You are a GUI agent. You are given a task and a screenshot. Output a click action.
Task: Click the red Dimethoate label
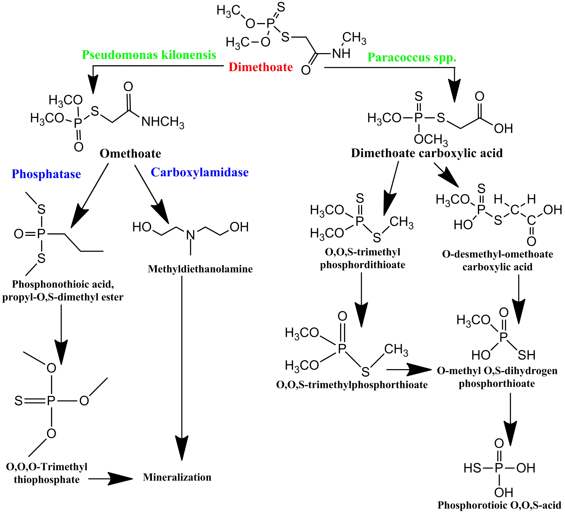[261, 67]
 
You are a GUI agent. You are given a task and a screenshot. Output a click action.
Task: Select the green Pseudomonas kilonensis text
[149, 55]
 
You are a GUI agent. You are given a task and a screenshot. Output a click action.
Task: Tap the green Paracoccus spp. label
[412, 57]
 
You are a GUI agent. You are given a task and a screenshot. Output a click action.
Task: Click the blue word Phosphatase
[46, 174]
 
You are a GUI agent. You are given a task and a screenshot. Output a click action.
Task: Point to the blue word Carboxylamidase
[200, 173]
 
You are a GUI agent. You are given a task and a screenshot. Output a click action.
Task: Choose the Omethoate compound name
[130, 154]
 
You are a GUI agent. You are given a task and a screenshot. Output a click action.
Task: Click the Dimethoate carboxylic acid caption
[427, 153]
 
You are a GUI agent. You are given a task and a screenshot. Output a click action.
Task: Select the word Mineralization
[177, 477]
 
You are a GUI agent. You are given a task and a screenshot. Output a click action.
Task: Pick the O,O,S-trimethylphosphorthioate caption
[352, 385]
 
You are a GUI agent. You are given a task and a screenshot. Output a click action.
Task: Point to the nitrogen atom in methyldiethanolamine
[191, 235]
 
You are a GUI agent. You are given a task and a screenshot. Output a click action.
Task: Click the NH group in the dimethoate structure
[341, 53]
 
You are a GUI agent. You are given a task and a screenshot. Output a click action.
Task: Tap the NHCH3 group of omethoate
[163, 122]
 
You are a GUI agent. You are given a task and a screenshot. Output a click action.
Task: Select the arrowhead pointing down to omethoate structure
[93, 84]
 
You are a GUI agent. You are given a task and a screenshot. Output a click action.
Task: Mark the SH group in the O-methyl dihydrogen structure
[526, 355]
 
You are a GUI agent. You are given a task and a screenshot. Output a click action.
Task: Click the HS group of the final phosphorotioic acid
[472, 468]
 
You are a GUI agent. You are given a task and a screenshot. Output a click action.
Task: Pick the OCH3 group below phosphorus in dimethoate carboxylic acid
[431, 139]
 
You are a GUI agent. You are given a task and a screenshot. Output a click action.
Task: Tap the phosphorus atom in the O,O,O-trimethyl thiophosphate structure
[51, 401]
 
